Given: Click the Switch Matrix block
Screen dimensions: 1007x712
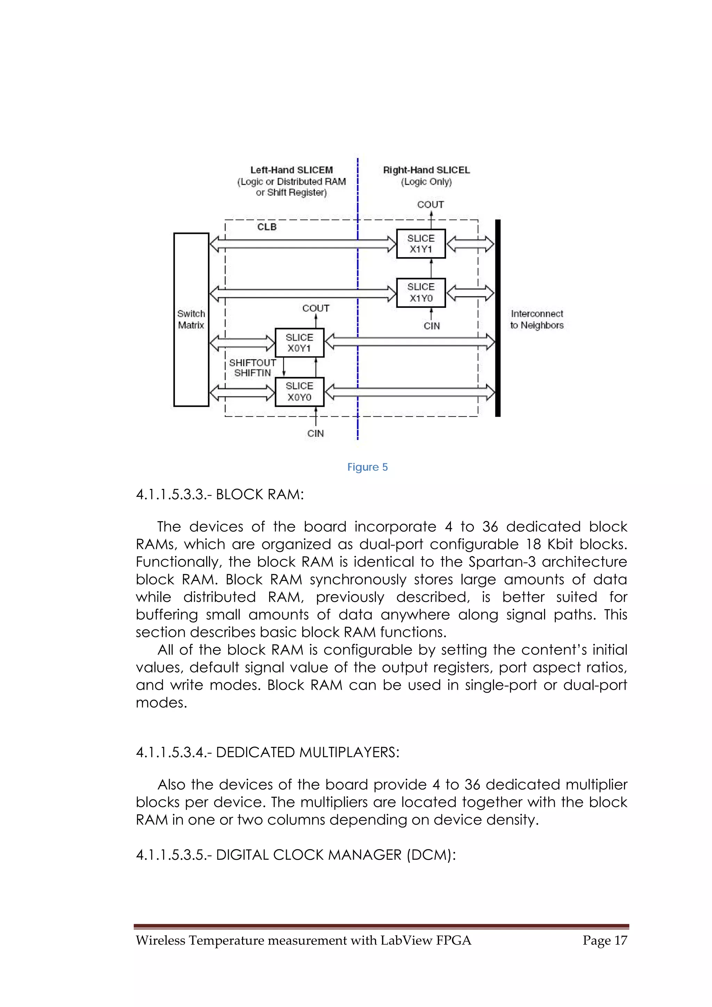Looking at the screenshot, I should tap(191, 319).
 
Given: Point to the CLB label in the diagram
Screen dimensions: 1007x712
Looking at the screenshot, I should tap(267, 227).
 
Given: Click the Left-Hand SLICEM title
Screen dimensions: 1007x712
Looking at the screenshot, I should tap(291, 170).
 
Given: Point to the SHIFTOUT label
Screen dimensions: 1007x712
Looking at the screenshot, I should tap(252, 363).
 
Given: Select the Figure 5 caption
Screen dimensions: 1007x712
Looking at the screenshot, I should tap(367, 467).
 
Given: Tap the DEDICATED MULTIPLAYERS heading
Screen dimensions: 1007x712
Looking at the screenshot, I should tap(268, 752).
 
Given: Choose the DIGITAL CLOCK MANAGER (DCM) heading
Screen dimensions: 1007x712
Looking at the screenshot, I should tap(296, 855).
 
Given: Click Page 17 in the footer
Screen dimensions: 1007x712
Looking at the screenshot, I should tap(605, 940).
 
